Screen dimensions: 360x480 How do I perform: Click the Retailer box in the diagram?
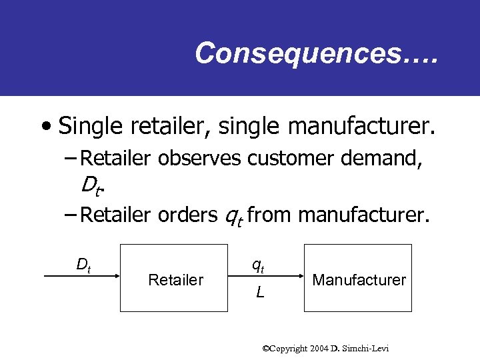(x=176, y=279)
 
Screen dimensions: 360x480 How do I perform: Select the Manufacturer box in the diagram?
(x=359, y=279)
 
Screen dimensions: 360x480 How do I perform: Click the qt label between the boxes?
(x=258, y=265)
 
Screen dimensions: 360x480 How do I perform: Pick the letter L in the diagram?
(x=259, y=291)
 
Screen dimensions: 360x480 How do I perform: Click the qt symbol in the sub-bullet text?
(x=233, y=215)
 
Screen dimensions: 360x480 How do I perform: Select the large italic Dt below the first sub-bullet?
(x=93, y=184)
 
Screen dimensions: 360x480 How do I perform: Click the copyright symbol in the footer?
(x=265, y=348)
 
